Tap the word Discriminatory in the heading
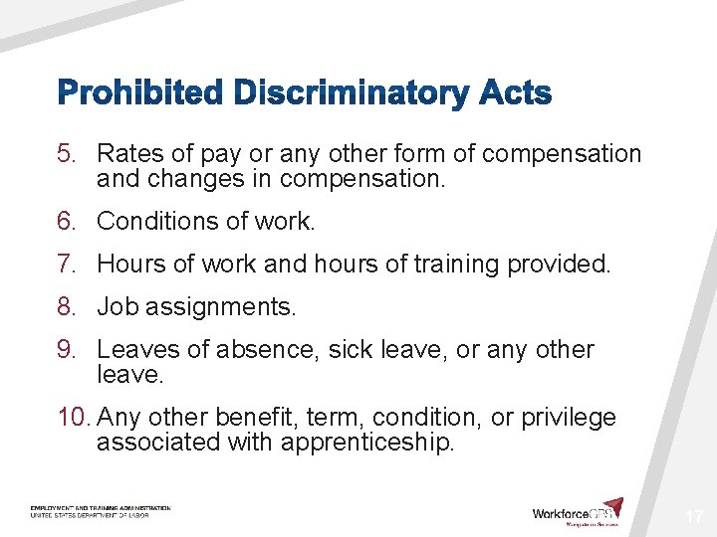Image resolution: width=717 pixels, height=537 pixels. tap(351, 94)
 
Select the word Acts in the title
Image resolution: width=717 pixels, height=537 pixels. tap(514, 94)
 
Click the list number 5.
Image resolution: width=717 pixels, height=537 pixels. tap(66, 154)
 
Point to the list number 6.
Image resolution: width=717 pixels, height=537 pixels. tap(66, 221)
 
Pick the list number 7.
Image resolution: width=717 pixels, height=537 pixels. tap(66, 265)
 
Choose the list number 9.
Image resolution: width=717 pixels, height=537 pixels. tap(66, 350)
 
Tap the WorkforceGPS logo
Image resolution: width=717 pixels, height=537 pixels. tap(578, 511)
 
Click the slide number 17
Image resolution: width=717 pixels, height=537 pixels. tap(693, 517)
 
